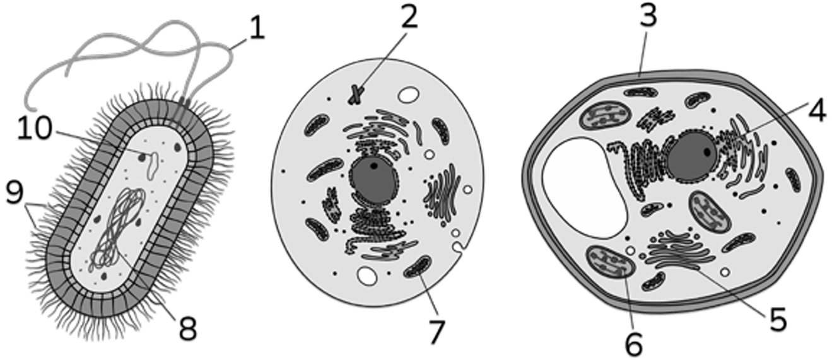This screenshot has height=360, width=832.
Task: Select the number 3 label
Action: pos(648,15)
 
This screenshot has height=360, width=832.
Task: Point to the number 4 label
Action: pos(817,110)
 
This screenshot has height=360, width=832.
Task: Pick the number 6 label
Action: pos(634,344)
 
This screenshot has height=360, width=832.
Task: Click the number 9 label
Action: pos(15,192)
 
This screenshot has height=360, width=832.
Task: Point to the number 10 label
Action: pos(34,127)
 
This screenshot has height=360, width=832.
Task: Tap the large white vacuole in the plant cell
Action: pos(583,187)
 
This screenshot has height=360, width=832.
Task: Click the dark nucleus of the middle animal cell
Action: pos(373,180)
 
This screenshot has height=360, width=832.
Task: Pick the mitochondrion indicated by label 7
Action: pos(418,267)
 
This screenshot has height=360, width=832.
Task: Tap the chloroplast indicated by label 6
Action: pos(610,262)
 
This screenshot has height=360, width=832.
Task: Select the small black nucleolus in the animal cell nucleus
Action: pos(373,166)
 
